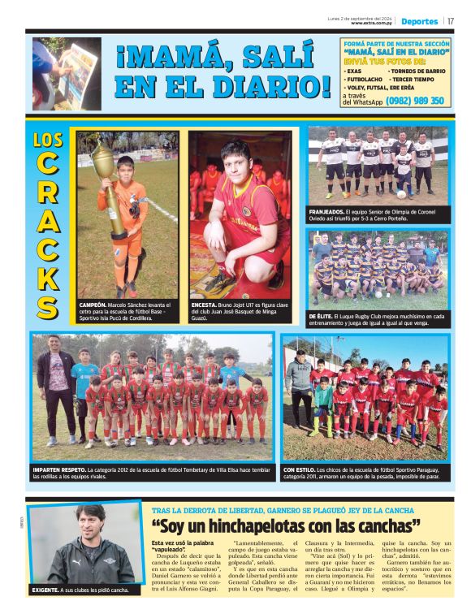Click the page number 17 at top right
click(451, 20)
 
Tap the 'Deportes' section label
click(419, 20)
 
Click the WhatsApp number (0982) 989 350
click(415, 101)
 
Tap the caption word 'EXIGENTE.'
click(47, 590)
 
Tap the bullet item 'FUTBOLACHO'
click(366, 79)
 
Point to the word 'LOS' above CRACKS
click(48, 139)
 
